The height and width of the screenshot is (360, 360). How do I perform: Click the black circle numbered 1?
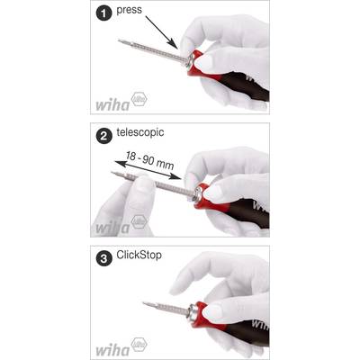coord(103,13)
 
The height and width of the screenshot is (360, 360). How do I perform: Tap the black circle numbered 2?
coord(103,137)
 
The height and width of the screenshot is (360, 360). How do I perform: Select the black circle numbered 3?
coord(103,258)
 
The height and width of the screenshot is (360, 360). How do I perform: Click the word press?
coord(129,10)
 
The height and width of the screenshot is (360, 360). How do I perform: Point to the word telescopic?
coord(140,132)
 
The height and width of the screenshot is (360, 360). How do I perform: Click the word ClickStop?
coord(139,255)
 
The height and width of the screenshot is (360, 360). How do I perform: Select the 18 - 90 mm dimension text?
coord(149,160)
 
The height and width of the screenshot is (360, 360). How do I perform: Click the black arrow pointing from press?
coord(161,31)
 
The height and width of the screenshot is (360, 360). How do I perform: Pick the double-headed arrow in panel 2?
coord(148,170)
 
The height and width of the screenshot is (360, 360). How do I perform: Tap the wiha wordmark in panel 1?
coord(112,104)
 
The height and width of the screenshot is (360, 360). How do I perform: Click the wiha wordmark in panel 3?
coord(112,349)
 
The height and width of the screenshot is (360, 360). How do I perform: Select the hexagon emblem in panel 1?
coord(139,99)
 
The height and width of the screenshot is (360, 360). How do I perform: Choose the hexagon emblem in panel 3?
coord(139,345)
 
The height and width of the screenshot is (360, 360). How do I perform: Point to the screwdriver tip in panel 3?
coord(145,303)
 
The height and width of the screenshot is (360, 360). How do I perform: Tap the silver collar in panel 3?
coord(193,312)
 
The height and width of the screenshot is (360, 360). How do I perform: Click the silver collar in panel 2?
coord(198,193)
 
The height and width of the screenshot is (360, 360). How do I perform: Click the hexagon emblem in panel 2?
coord(139,222)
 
